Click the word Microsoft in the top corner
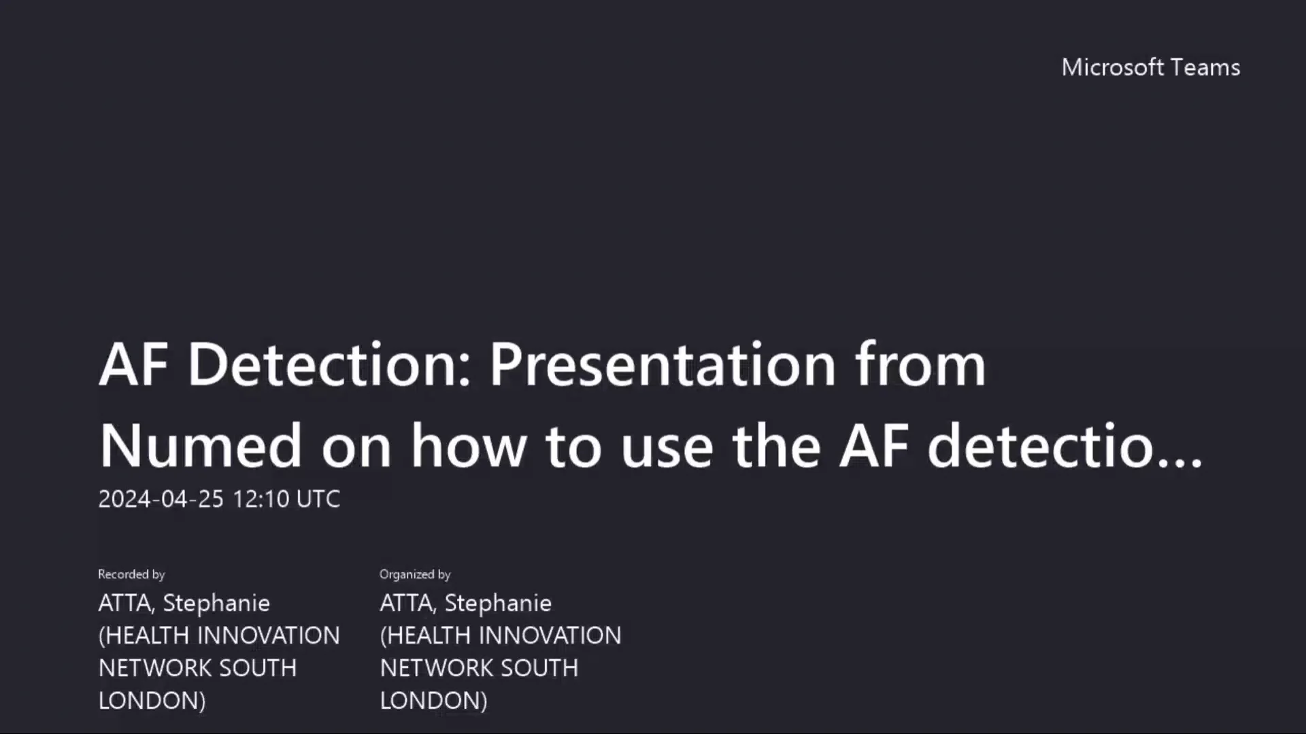click(x=1113, y=67)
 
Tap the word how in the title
click(x=469, y=447)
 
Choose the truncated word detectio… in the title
click(x=1065, y=447)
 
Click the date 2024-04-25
click(x=161, y=499)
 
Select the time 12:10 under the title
click(x=261, y=499)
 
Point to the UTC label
click(x=318, y=499)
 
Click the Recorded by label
click(x=131, y=574)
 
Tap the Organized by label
click(x=415, y=574)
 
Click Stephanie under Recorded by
click(x=216, y=603)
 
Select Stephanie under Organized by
click(x=498, y=603)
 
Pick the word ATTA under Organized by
click(x=407, y=603)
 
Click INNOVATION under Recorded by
click(x=269, y=635)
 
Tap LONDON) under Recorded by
click(x=152, y=701)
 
